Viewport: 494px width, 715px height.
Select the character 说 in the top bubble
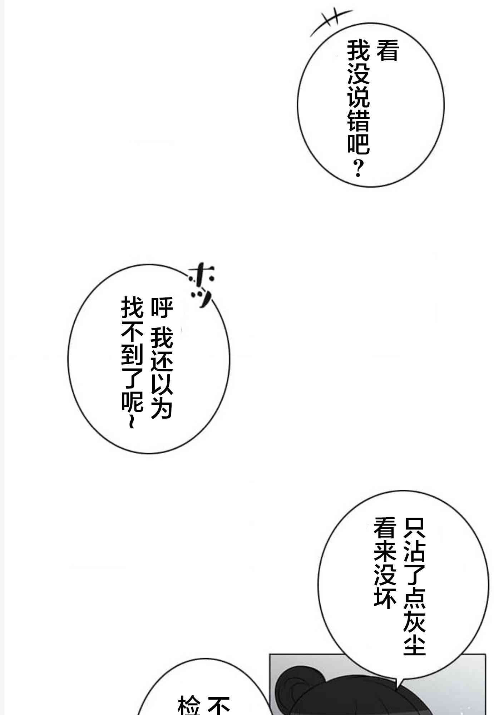pos(358,97)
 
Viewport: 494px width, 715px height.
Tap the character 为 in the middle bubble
pos(162,408)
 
